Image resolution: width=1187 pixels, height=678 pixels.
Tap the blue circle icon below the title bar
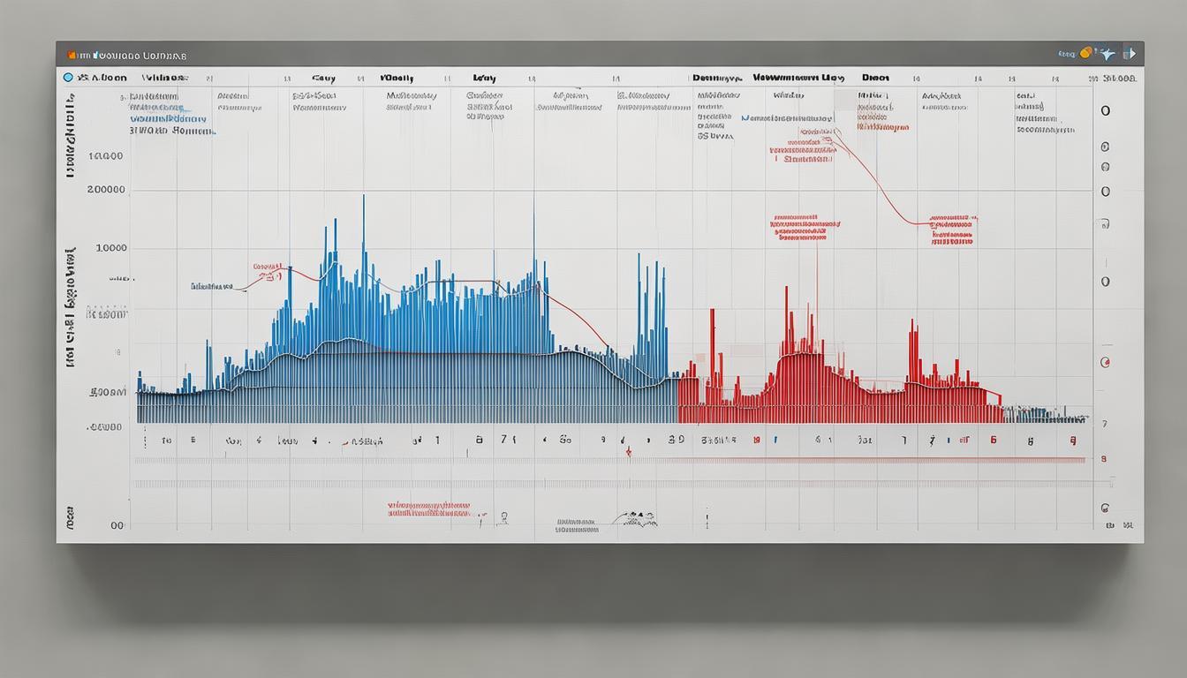pyautogui.click(x=68, y=78)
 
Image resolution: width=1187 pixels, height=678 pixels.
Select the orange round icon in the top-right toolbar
pyautogui.click(x=1085, y=52)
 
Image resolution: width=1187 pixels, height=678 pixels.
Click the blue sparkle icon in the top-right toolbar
pyautogui.click(x=1106, y=54)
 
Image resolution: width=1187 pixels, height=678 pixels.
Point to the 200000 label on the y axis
pyautogui.click(x=106, y=190)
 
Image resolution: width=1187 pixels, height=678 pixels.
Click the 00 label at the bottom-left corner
pyautogui.click(x=117, y=524)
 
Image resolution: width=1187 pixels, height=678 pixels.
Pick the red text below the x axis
pyautogui.click(x=428, y=509)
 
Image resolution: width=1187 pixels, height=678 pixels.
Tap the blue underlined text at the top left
pyautogui.click(x=168, y=117)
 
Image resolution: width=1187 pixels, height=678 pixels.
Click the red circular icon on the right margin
pyautogui.click(x=1104, y=362)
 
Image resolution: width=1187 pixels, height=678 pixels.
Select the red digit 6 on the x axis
pyautogui.click(x=994, y=439)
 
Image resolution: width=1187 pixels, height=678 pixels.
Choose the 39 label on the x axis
pyautogui.click(x=676, y=439)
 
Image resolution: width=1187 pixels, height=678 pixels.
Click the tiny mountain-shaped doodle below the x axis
pyautogui.click(x=639, y=517)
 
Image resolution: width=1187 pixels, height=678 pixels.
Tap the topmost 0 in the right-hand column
pyautogui.click(x=1105, y=112)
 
